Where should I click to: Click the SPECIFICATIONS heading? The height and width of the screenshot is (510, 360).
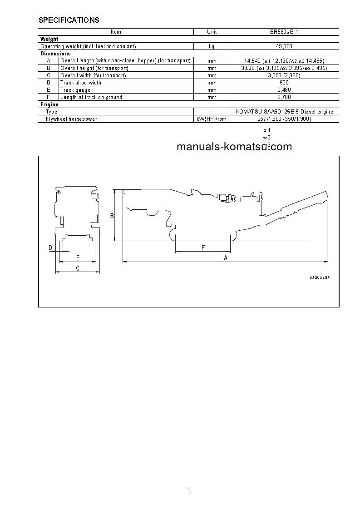pos(69,20)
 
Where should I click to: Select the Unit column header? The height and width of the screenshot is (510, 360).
pos(212,32)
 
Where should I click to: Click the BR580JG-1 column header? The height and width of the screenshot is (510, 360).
pos(285,32)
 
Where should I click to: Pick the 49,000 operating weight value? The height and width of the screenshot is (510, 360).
pos(285,46)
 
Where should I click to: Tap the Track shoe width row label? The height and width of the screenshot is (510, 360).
pos(81,83)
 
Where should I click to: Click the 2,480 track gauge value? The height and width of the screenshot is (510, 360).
pos(285,90)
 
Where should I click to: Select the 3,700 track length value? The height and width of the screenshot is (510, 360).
pos(285,97)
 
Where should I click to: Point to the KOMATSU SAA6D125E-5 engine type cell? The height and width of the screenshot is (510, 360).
pos(285,112)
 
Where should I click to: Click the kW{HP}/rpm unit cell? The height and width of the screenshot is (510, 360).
pos(212,119)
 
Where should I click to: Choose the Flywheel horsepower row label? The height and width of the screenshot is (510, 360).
pos(71,119)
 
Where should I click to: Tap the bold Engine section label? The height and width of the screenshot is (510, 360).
pos(49,104)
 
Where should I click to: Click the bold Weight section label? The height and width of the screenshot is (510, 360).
pos(49,39)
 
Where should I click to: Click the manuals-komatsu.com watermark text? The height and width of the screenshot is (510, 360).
pos(234,147)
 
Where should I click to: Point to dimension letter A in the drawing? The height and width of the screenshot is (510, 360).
pos(226,257)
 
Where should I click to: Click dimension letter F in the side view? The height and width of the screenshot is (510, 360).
pos(203,247)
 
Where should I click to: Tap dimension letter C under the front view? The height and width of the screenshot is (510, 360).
pos(78,268)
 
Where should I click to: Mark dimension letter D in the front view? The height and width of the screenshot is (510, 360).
pos(51,248)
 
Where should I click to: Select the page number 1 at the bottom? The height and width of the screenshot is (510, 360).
pos(188,490)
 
